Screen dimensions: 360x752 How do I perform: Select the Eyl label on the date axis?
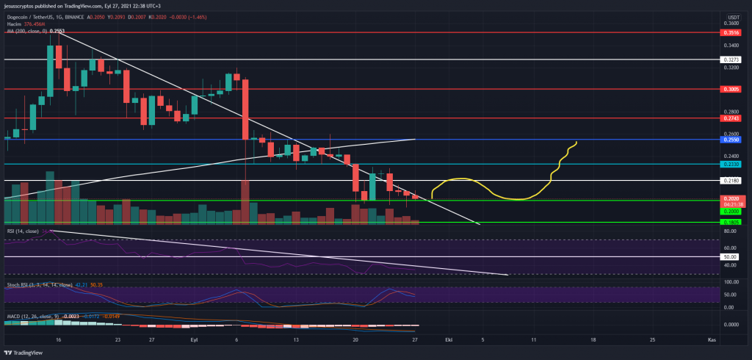pyautogui.click(x=195, y=341)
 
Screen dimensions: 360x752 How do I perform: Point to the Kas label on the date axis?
pyautogui.click(x=711, y=341)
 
